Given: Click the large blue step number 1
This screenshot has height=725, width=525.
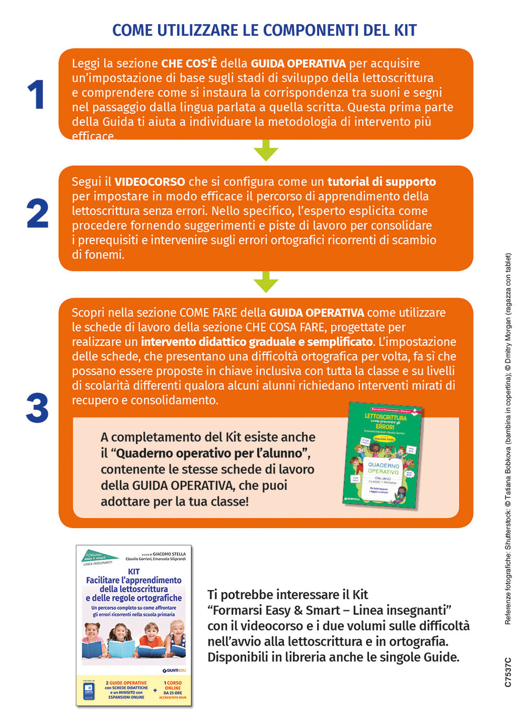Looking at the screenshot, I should [x=36, y=95].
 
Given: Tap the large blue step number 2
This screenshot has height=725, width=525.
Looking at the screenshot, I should [x=37, y=214].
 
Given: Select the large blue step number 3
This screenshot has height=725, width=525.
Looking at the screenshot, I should [x=37, y=408].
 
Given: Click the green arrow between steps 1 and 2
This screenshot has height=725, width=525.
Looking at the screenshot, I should [x=266, y=151].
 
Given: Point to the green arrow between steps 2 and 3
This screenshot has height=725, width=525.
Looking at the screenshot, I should [x=266, y=282].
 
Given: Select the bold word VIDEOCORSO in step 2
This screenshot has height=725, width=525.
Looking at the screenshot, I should [x=150, y=182].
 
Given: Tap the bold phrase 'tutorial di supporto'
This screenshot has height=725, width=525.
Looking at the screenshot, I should [x=381, y=182].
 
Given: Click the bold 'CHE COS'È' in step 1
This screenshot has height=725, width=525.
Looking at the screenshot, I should [x=188, y=64].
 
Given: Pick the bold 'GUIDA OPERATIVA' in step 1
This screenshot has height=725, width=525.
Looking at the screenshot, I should [x=298, y=64].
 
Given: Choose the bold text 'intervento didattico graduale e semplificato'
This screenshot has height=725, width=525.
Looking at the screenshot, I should [x=257, y=342].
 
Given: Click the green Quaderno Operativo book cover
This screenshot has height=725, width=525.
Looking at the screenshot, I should [x=382, y=456].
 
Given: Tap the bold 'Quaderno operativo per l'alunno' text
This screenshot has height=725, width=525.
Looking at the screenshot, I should [x=209, y=453].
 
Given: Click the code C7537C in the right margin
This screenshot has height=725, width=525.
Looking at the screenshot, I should [x=508, y=672].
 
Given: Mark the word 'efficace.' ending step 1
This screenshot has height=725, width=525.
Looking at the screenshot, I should [x=93, y=136].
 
